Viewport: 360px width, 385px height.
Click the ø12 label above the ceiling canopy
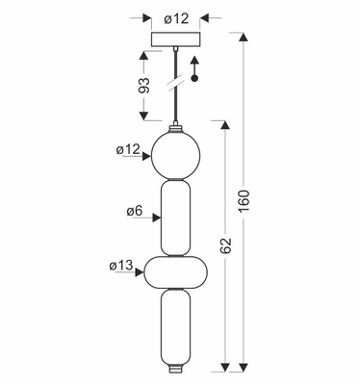coord(176,19)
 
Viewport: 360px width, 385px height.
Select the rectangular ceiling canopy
coord(176,39)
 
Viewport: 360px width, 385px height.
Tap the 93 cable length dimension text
coord(144,86)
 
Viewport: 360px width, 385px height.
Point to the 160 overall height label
coord(244,201)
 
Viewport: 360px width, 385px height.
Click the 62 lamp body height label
coord(226,245)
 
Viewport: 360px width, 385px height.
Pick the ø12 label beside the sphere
coord(128,149)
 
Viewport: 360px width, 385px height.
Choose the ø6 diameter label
coord(135,211)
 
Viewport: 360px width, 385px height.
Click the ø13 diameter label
coord(121,266)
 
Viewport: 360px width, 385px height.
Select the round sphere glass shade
coord(175,155)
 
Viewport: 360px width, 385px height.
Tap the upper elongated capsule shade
coord(175,218)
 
